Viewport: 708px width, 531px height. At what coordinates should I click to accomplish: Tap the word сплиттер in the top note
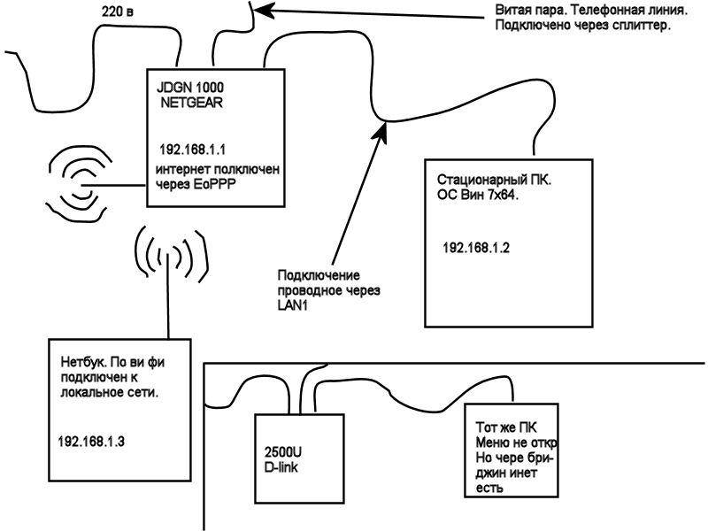click(642, 26)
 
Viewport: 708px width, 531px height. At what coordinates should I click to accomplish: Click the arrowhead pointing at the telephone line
click(262, 11)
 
